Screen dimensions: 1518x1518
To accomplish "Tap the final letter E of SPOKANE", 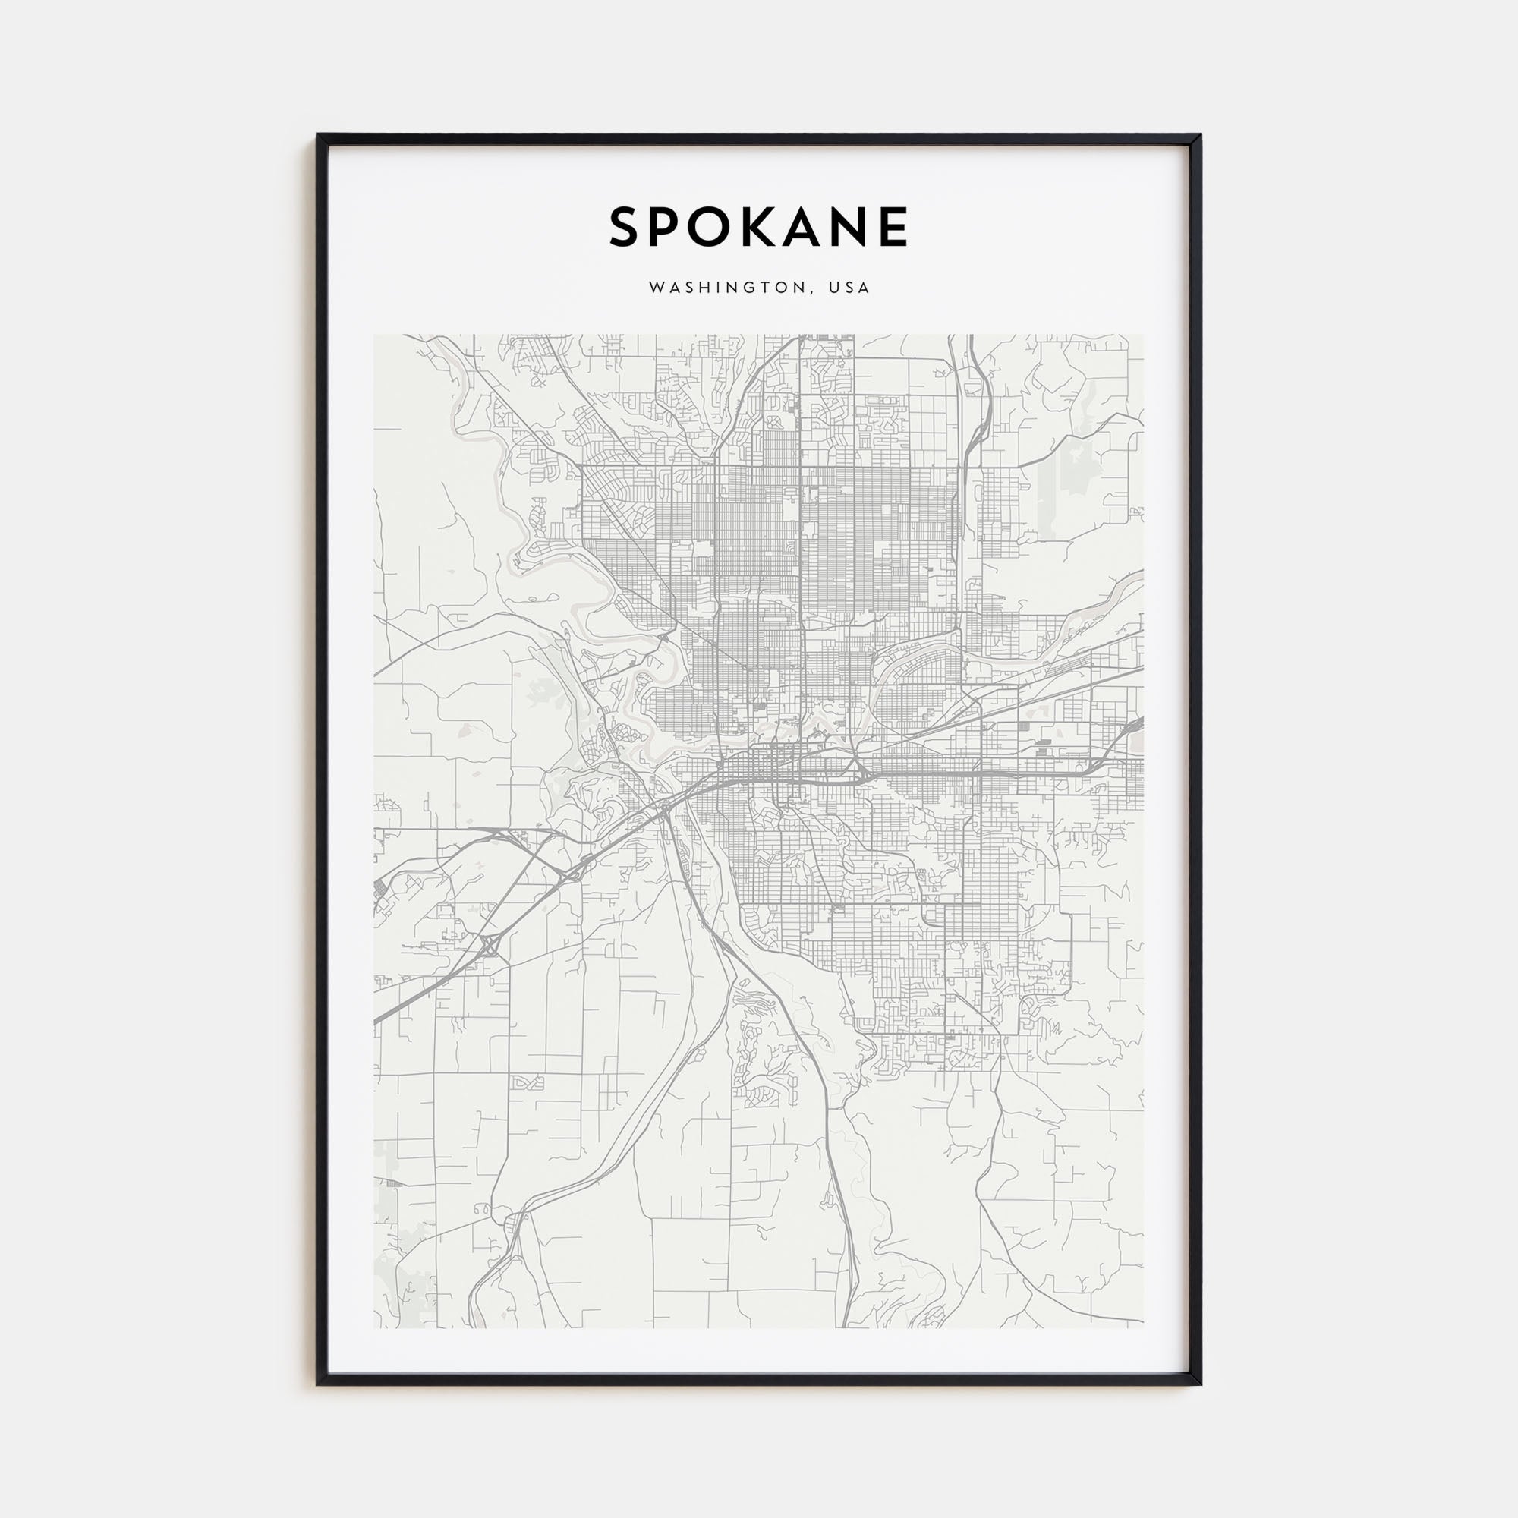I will coord(895,227).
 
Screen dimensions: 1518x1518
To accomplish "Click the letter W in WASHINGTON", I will coord(655,288).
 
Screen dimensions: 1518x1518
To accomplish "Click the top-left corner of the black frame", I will coord(318,135).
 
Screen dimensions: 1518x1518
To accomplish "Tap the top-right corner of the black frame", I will coord(1200,135).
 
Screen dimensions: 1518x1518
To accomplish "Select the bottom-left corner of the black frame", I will coord(318,1384).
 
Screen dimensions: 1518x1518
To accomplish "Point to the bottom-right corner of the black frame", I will coord(1200,1384).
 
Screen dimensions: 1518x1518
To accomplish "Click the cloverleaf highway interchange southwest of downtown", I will coord(489,945).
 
